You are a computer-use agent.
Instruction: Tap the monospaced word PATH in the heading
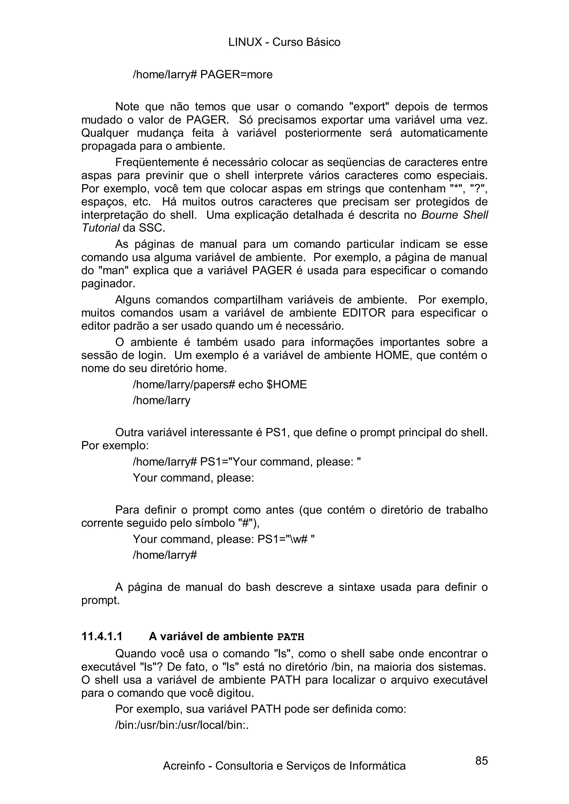290,637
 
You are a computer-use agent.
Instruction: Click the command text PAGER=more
236,75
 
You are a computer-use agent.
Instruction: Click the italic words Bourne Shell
454,215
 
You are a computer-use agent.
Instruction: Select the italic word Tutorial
100,228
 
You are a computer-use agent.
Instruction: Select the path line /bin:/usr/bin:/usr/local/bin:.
182,725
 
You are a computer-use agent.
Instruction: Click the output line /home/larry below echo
161,400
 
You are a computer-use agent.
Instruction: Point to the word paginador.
108,284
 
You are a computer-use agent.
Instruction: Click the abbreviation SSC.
151,228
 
